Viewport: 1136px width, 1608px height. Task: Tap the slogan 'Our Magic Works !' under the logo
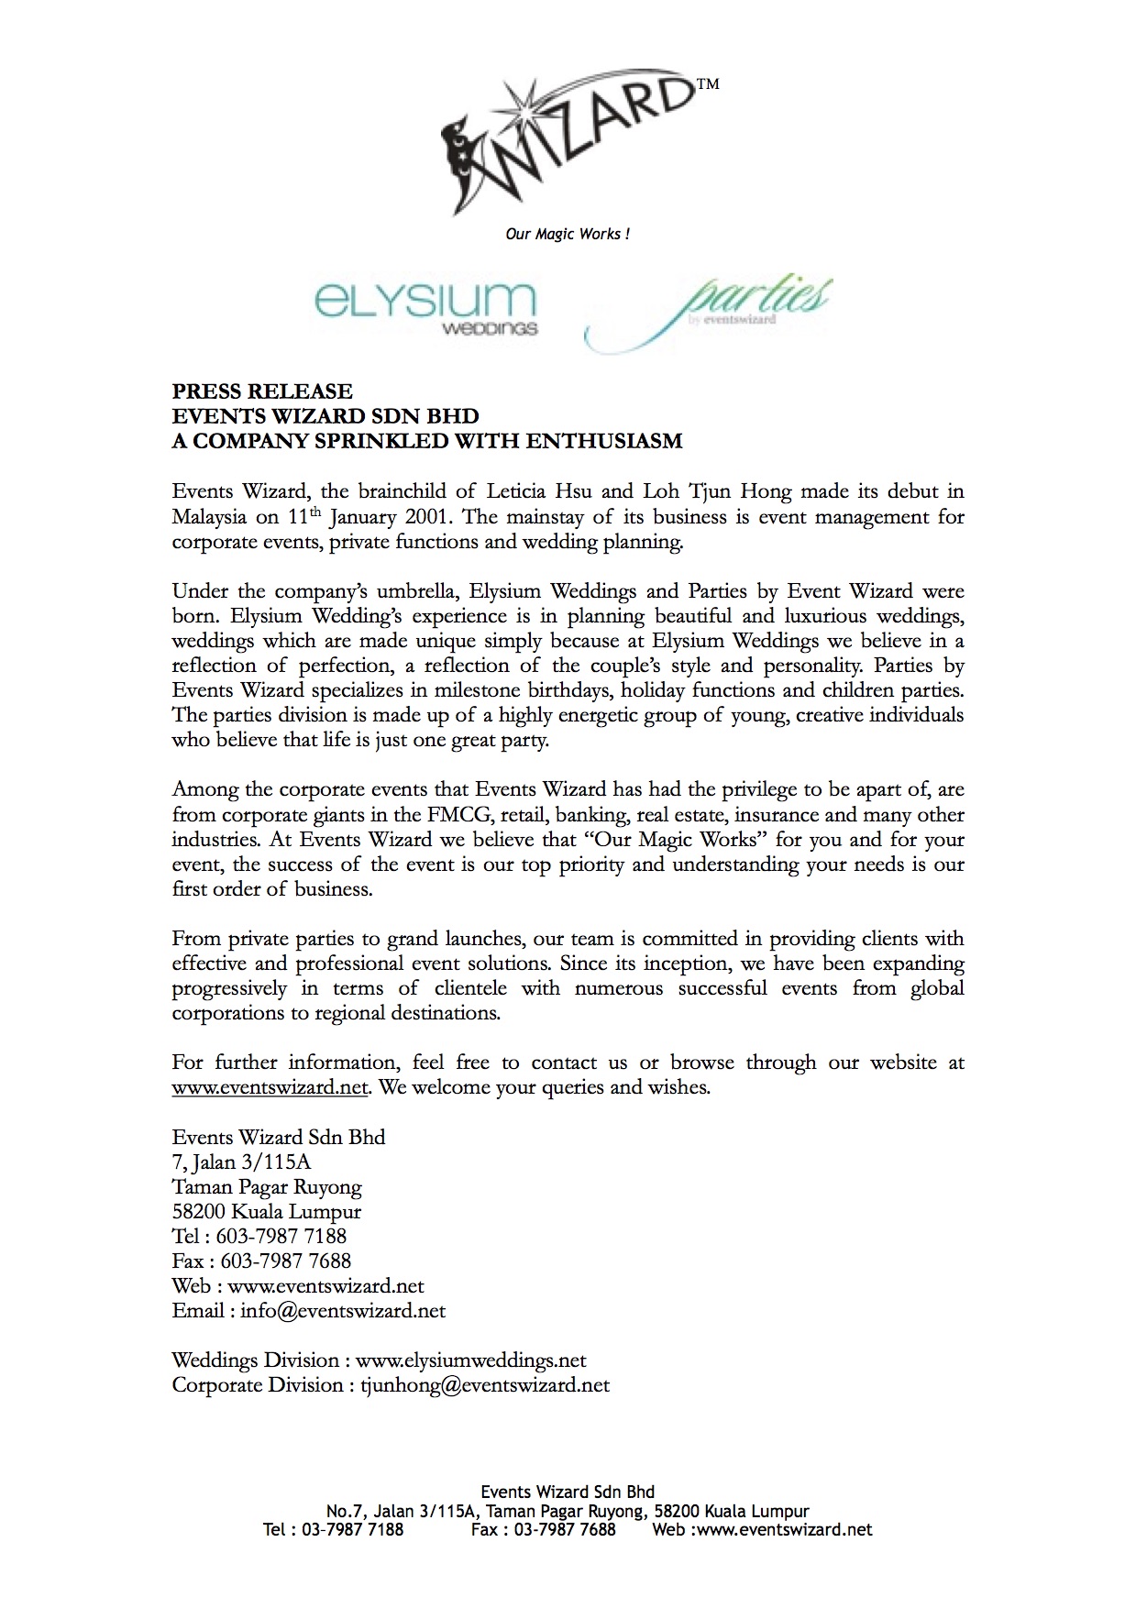point(568,235)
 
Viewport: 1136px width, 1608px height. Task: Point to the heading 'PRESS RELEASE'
point(262,391)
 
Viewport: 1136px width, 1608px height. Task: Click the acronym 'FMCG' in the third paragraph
point(458,815)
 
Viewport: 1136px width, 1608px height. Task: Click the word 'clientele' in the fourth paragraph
point(471,988)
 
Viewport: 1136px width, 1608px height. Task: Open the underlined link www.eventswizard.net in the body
point(270,1088)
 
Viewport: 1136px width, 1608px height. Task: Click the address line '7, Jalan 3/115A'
point(241,1162)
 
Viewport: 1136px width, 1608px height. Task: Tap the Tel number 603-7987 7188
point(281,1237)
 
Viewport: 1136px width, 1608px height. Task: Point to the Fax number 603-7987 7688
point(286,1261)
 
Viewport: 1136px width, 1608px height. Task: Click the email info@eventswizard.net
point(343,1311)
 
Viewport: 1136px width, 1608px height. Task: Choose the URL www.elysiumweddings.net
point(470,1360)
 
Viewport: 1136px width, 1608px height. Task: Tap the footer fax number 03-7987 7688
point(565,1529)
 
